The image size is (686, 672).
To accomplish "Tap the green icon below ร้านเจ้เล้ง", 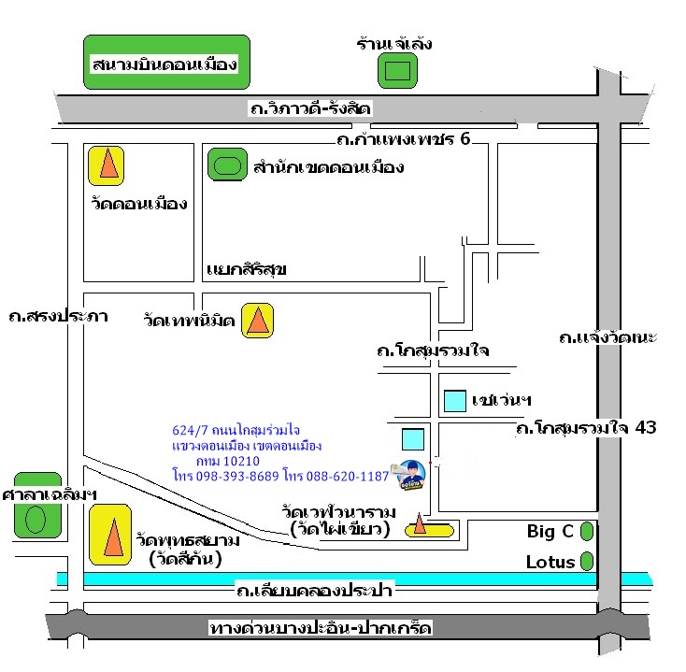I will click(x=397, y=70).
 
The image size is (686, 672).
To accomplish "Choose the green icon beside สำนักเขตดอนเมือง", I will click(x=225, y=166).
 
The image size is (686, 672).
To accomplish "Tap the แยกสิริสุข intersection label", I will click(x=245, y=270).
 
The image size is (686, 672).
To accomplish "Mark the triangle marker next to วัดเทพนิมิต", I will click(x=257, y=321).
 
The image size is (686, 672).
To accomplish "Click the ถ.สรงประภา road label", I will click(x=57, y=315).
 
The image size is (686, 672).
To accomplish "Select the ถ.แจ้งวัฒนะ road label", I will click(x=607, y=336).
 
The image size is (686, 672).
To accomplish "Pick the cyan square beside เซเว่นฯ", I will click(x=455, y=400).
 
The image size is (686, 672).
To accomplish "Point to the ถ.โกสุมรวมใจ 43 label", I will click(x=587, y=428).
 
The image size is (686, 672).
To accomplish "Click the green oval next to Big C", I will click(x=587, y=532).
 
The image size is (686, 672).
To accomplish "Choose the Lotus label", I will click(x=550, y=563).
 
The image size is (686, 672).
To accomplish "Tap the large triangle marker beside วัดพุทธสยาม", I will click(x=110, y=535).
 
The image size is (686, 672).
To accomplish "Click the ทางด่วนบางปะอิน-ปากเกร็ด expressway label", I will click(x=321, y=628).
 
